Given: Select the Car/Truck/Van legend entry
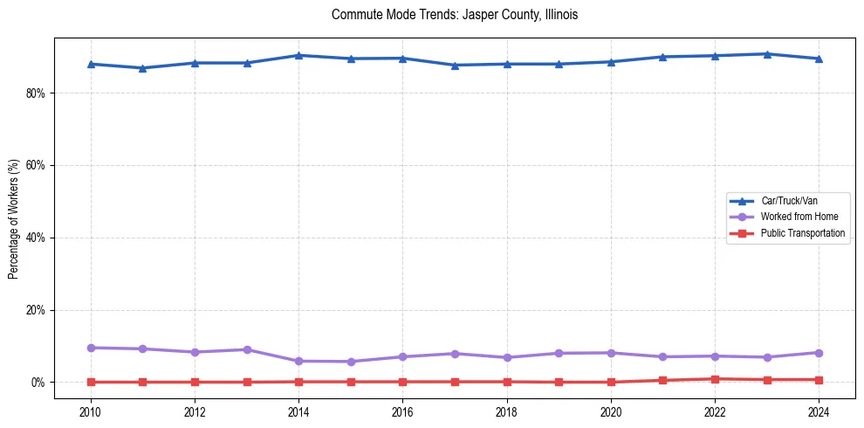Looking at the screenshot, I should click(789, 201).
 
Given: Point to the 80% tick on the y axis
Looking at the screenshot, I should click(36, 93).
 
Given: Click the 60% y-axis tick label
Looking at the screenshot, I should click(36, 166).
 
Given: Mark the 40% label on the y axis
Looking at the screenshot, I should click(36, 238).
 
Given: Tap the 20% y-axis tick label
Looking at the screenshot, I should click(36, 310).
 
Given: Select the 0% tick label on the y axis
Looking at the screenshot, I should click(38, 383).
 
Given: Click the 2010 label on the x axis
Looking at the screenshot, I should click(90, 411).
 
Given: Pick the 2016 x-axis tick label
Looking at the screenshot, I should click(402, 411).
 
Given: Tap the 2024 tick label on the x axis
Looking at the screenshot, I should click(819, 411).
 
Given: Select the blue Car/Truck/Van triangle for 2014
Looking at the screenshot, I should click(298, 55).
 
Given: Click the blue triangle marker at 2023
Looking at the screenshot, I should click(767, 54).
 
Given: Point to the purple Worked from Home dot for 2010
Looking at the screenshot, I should click(90, 348).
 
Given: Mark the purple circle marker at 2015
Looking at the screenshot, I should click(351, 362).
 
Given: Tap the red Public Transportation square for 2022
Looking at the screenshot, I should click(715, 379).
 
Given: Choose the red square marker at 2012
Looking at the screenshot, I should click(195, 382).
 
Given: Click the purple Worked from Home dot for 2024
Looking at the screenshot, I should click(819, 353).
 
